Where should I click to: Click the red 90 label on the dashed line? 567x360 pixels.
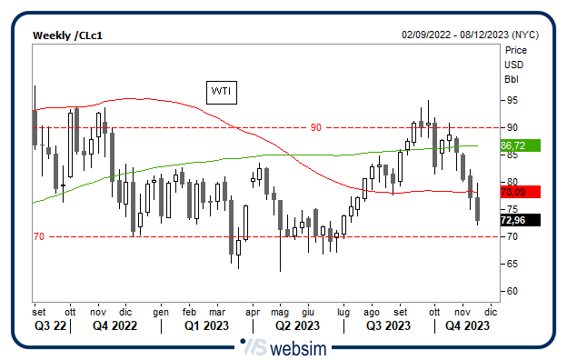316,127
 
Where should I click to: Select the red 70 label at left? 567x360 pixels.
38,236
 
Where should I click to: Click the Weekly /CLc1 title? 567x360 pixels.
68,35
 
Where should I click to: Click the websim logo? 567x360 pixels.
283,346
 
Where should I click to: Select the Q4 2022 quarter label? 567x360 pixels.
115,325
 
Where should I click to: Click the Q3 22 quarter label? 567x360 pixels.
50,325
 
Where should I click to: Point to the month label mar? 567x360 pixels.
217,310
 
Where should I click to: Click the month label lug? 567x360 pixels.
343,310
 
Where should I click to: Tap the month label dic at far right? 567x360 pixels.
492,310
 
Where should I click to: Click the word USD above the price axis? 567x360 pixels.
515,65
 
